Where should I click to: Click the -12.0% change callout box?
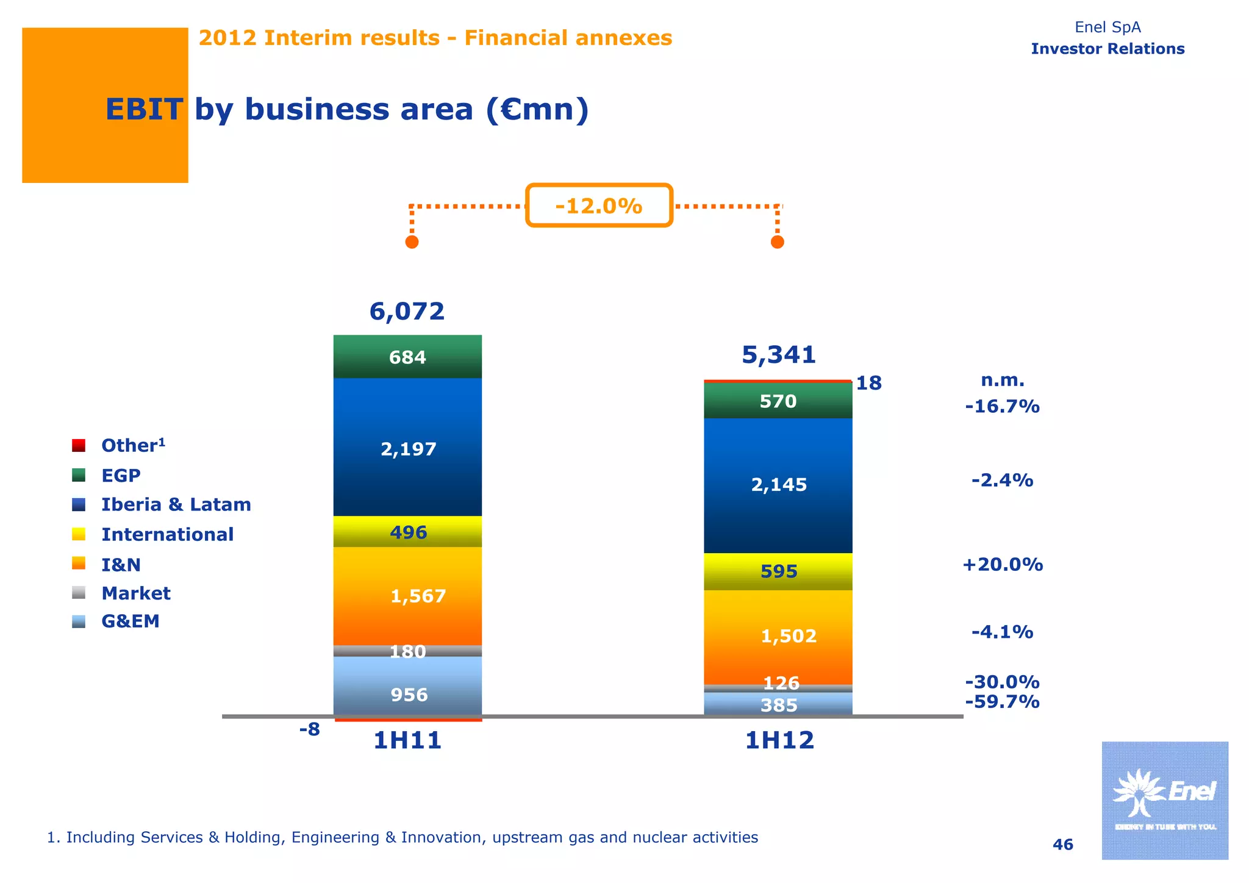pos(599,206)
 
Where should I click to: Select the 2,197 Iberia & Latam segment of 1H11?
pos(407,448)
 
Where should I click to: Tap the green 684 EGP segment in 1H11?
pos(407,357)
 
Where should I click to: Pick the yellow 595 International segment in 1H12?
pos(778,571)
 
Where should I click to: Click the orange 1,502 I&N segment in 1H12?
pos(778,636)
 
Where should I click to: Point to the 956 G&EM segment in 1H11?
pos(407,694)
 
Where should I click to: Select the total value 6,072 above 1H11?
pos(407,312)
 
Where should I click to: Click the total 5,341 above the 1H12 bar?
pos(778,355)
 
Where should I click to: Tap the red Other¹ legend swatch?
pos(79,445)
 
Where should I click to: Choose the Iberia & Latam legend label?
pos(176,504)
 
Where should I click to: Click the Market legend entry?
pos(135,593)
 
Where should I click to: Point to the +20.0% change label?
pos(1002,565)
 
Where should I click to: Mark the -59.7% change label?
pos(1002,702)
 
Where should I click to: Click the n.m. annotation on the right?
pos(1002,381)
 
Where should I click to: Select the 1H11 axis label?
pos(407,741)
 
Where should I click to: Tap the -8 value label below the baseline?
pos(309,729)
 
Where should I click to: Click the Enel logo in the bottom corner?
pos(1164,799)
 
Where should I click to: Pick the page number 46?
pos(1062,845)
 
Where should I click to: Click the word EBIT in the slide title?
pos(144,110)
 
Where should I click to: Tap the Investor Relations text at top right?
pos(1107,49)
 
